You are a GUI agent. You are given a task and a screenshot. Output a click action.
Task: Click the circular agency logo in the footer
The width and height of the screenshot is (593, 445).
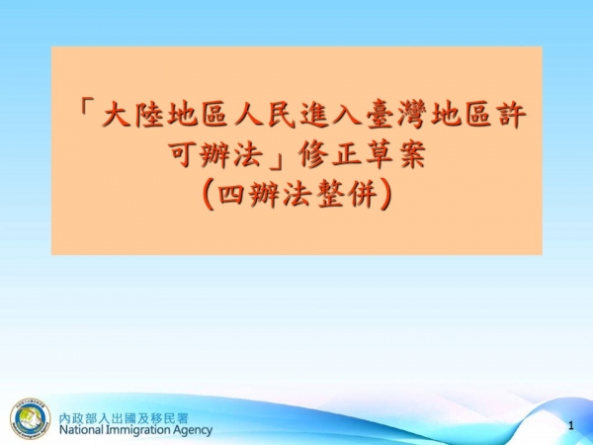point(31,420)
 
